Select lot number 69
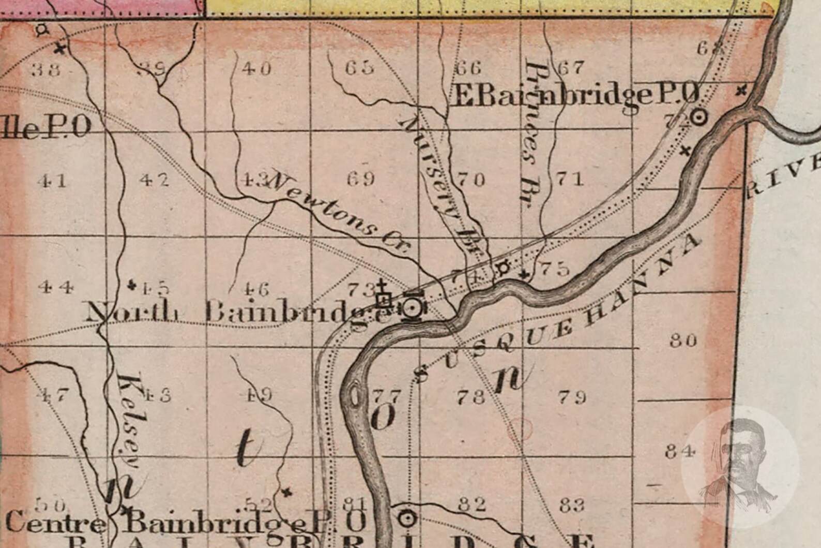[361, 179]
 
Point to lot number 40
[256, 68]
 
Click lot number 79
[572, 397]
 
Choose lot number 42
[154, 180]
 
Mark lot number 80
[683, 340]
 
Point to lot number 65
[359, 68]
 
